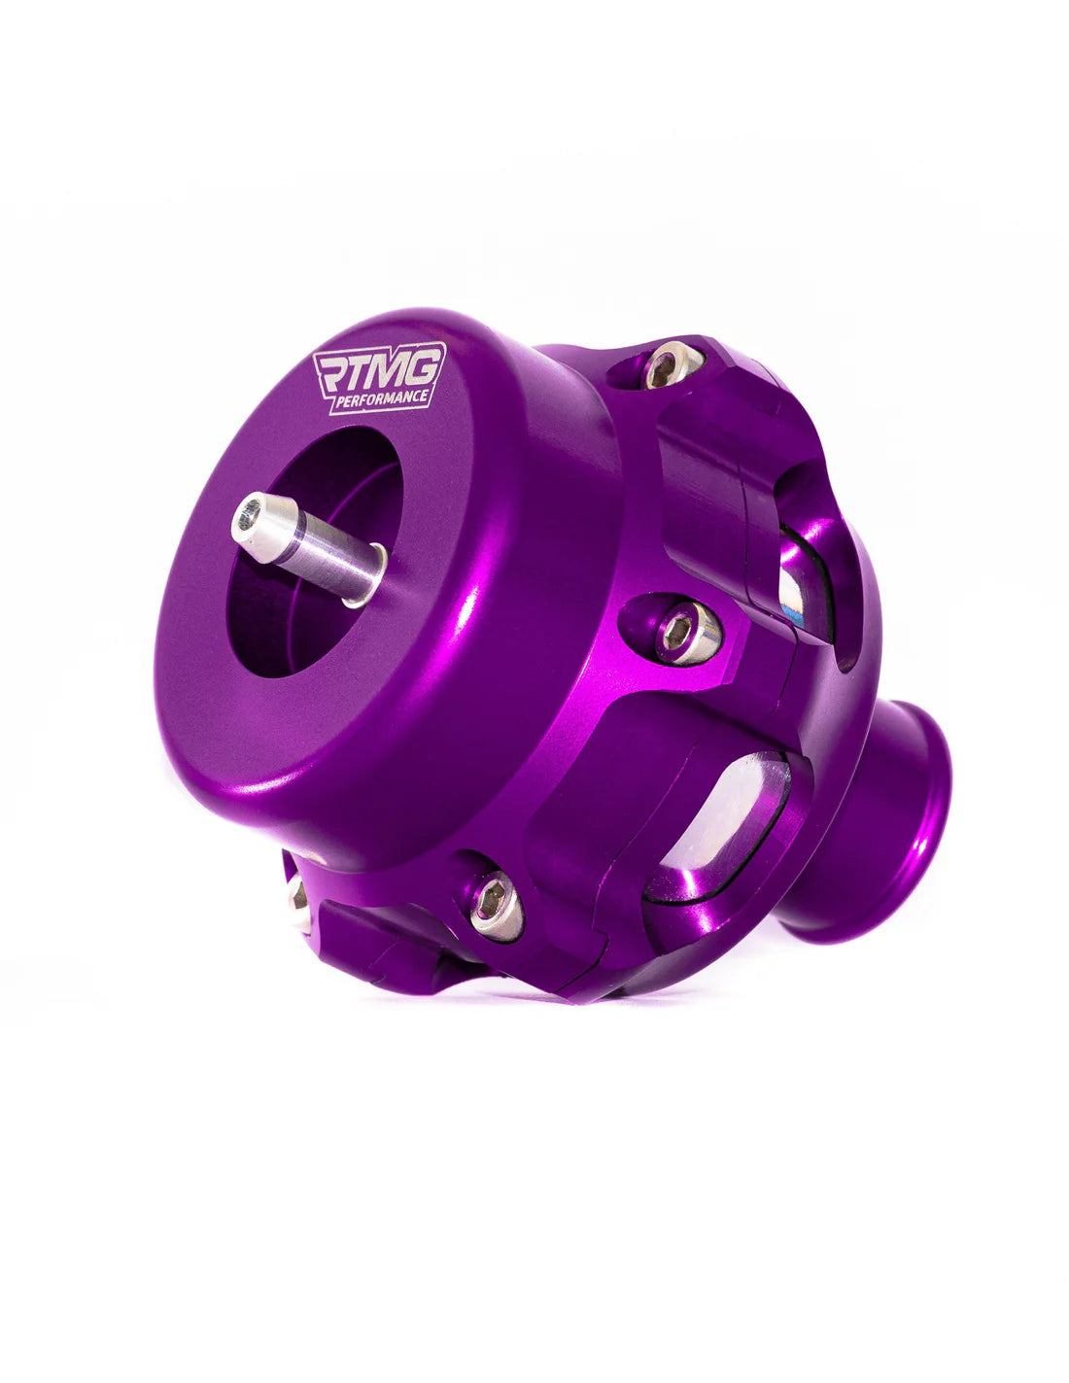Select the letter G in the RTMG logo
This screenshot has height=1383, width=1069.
coord(426,364)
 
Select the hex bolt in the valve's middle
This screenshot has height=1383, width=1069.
coord(685,631)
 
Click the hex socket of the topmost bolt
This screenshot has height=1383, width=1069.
coord(664,366)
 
